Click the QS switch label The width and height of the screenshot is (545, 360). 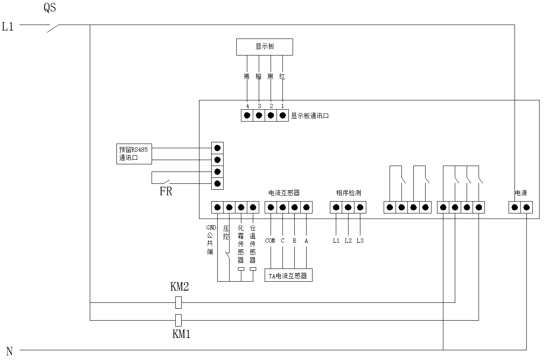pyautogui.click(x=50, y=8)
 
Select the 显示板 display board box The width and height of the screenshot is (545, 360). pyautogui.click(x=265, y=47)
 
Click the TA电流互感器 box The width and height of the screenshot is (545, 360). pyautogui.click(x=288, y=275)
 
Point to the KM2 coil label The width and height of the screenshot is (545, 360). pyautogui.click(x=180, y=287)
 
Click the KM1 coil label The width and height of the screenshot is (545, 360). pyautogui.click(x=181, y=334)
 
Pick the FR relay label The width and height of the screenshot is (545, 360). pyautogui.click(x=166, y=191)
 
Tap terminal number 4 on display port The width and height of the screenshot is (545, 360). pyautogui.click(x=247, y=106)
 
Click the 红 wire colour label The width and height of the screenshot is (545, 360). pyautogui.click(x=282, y=77)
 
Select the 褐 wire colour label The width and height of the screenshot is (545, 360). pyautogui.click(x=247, y=77)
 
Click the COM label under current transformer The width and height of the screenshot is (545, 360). pyautogui.click(x=270, y=241)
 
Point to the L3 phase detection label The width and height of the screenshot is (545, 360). pyautogui.click(x=360, y=241)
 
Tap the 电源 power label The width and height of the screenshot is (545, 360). pyautogui.click(x=521, y=193)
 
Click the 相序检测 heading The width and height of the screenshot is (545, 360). pyautogui.click(x=348, y=193)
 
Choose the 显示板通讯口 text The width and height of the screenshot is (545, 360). pyautogui.click(x=310, y=116)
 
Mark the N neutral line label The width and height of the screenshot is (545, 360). pyautogui.click(x=9, y=351)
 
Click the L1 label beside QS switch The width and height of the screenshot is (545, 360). pyautogui.click(x=8, y=27)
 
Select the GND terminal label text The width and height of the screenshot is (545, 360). pyautogui.click(x=211, y=227)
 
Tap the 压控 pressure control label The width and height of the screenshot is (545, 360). pyautogui.click(x=226, y=232)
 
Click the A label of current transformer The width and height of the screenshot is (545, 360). pyautogui.click(x=306, y=241)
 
